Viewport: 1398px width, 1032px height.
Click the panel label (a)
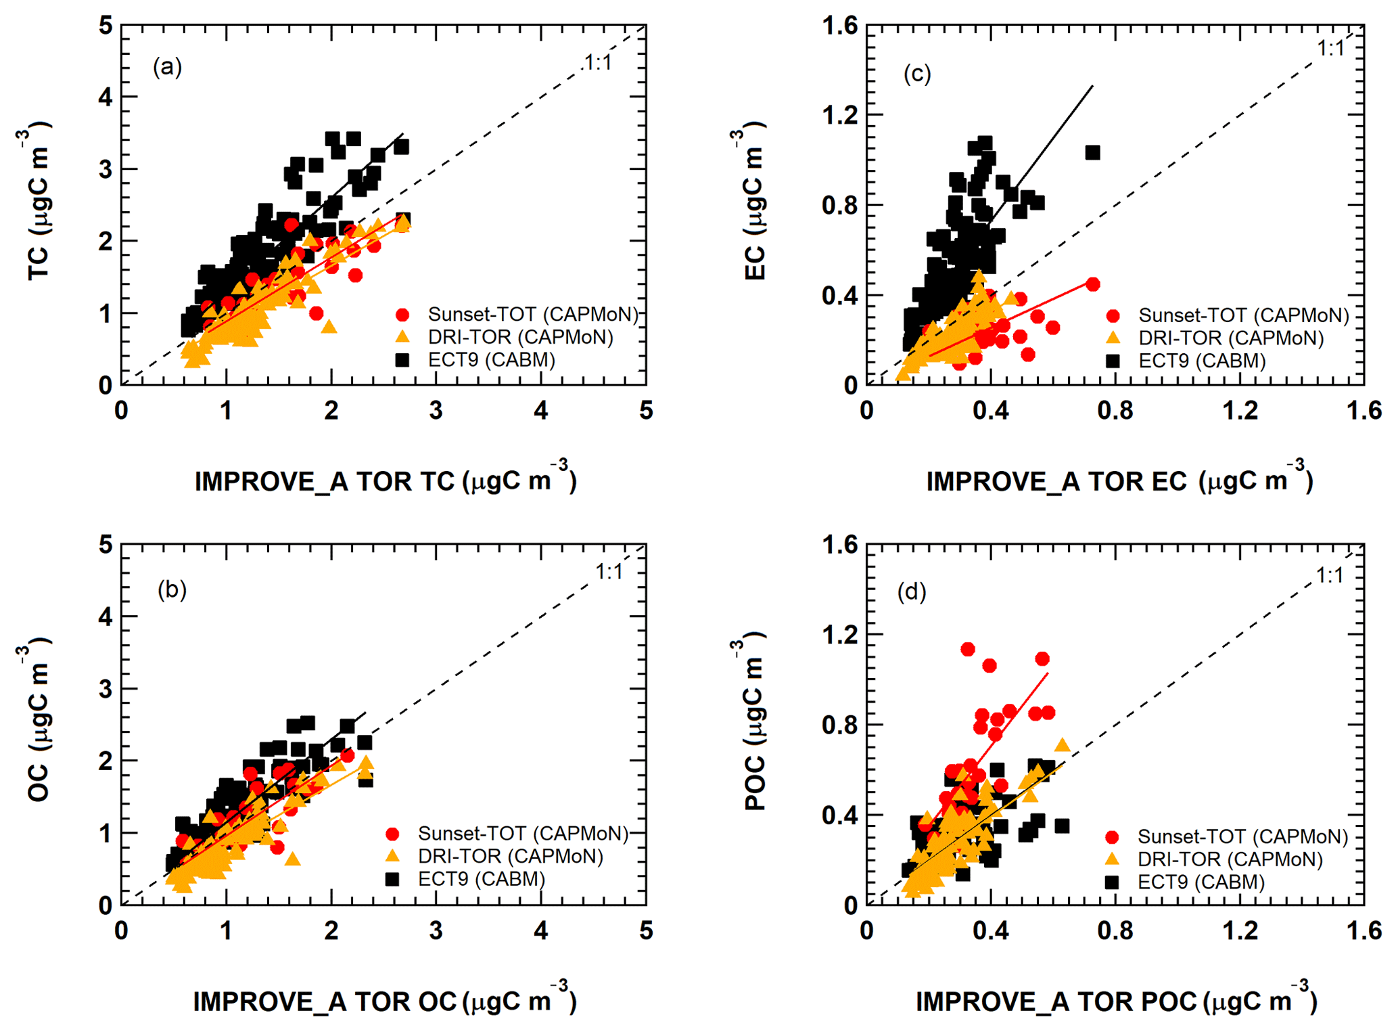click(167, 67)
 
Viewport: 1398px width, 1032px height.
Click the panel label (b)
click(172, 589)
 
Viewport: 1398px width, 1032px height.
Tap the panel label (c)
click(917, 73)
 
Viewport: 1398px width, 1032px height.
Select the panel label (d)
click(912, 592)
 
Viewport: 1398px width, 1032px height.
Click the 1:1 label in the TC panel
click(598, 63)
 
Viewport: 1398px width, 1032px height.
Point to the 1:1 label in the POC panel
click(1330, 575)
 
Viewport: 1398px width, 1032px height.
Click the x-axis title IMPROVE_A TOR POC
click(1116, 1000)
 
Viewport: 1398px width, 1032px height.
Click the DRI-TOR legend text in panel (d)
click(1230, 859)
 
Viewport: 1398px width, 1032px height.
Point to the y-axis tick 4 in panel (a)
click(106, 97)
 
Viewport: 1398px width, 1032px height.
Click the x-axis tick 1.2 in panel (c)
click(1240, 411)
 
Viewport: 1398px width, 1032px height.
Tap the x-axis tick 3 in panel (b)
click(436, 930)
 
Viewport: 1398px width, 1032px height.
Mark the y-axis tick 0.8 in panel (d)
click(839, 725)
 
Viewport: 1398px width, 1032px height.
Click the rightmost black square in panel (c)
click(1092, 153)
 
